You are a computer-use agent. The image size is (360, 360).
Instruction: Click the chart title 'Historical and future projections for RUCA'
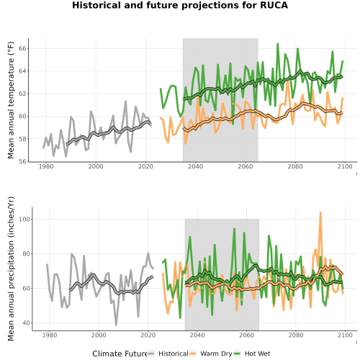pos(180,5)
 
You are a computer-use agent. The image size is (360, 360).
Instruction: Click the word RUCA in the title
pos(274,5)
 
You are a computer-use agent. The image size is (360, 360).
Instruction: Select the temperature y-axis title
pos(11,100)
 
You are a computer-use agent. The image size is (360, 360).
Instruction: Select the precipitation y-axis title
pos(11,269)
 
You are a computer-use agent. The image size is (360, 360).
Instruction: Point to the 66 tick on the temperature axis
pos(22,48)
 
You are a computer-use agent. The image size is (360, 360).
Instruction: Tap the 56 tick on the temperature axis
pos(22,161)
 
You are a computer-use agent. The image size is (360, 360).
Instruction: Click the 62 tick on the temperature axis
pos(22,94)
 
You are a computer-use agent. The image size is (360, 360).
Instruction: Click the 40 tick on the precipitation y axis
pos(26,323)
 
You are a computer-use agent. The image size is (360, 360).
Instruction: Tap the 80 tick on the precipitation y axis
pos(26,254)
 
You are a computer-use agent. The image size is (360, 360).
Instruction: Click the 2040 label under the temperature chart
pos(195,166)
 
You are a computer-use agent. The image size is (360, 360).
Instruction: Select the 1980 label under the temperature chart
pos(46,166)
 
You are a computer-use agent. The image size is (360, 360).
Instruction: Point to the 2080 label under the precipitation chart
pos(296,335)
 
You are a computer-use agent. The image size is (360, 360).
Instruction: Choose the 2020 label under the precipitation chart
pos(148,335)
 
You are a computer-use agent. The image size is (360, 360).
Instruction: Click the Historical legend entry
pos(168,354)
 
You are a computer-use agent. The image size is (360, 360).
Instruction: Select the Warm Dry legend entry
pos(211,354)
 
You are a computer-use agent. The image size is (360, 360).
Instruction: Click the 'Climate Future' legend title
pos(120,354)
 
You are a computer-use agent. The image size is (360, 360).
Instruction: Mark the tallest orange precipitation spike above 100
pos(320,212)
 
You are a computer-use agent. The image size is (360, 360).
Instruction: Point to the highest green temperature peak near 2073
pos(278,44)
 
